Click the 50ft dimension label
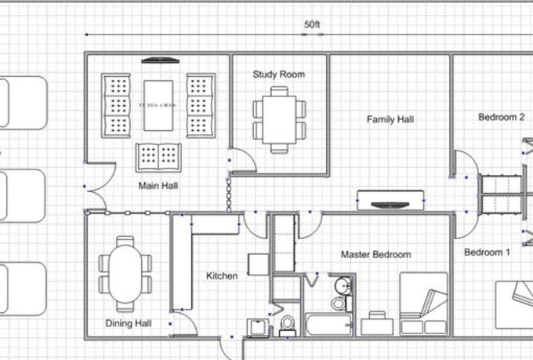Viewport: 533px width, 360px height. point(312,25)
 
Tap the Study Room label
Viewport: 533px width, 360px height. point(278,75)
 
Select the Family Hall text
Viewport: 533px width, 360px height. point(390,119)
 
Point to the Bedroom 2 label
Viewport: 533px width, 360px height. point(501,117)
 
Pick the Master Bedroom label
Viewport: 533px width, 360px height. point(375,254)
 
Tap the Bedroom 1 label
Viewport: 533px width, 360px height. point(487,252)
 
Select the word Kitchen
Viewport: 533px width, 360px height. point(221,275)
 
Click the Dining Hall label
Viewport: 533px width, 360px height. point(129,322)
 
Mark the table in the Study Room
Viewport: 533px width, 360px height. point(279,118)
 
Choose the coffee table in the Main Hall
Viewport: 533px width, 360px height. point(158,104)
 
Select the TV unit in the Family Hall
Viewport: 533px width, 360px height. point(390,200)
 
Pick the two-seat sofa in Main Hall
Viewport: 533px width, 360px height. point(158,157)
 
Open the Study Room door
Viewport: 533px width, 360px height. point(243,161)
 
